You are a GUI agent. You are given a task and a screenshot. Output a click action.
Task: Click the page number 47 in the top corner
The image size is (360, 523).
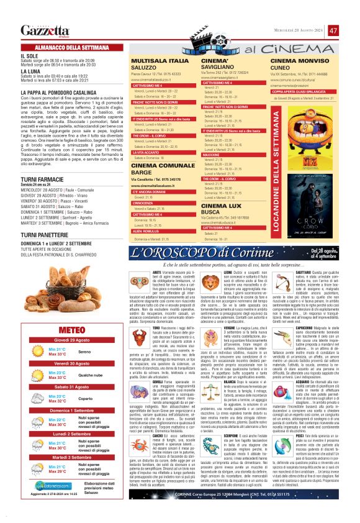(333, 30)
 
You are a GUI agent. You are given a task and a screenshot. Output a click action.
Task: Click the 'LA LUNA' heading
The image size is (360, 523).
(30, 71)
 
